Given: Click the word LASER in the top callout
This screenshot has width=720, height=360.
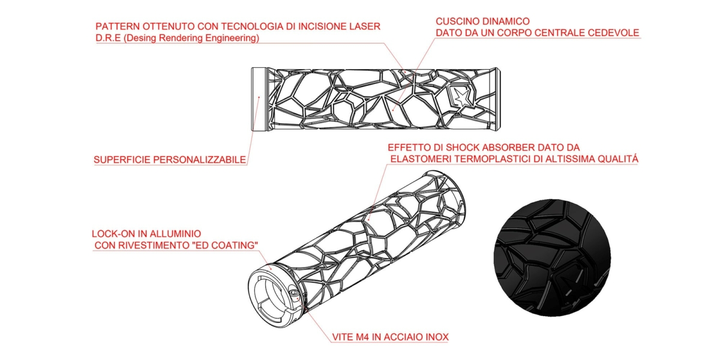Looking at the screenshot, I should click(x=365, y=27).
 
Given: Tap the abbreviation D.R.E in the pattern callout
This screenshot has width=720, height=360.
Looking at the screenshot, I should click(x=109, y=38).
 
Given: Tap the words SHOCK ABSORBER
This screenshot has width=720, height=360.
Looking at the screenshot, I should click(x=482, y=147).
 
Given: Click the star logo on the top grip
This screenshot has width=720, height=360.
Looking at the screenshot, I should click(x=462, y=96).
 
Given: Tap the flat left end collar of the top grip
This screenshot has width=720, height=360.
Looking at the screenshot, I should click(x=260, y=100).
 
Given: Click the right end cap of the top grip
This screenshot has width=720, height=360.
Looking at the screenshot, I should click(x=495, y=100).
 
